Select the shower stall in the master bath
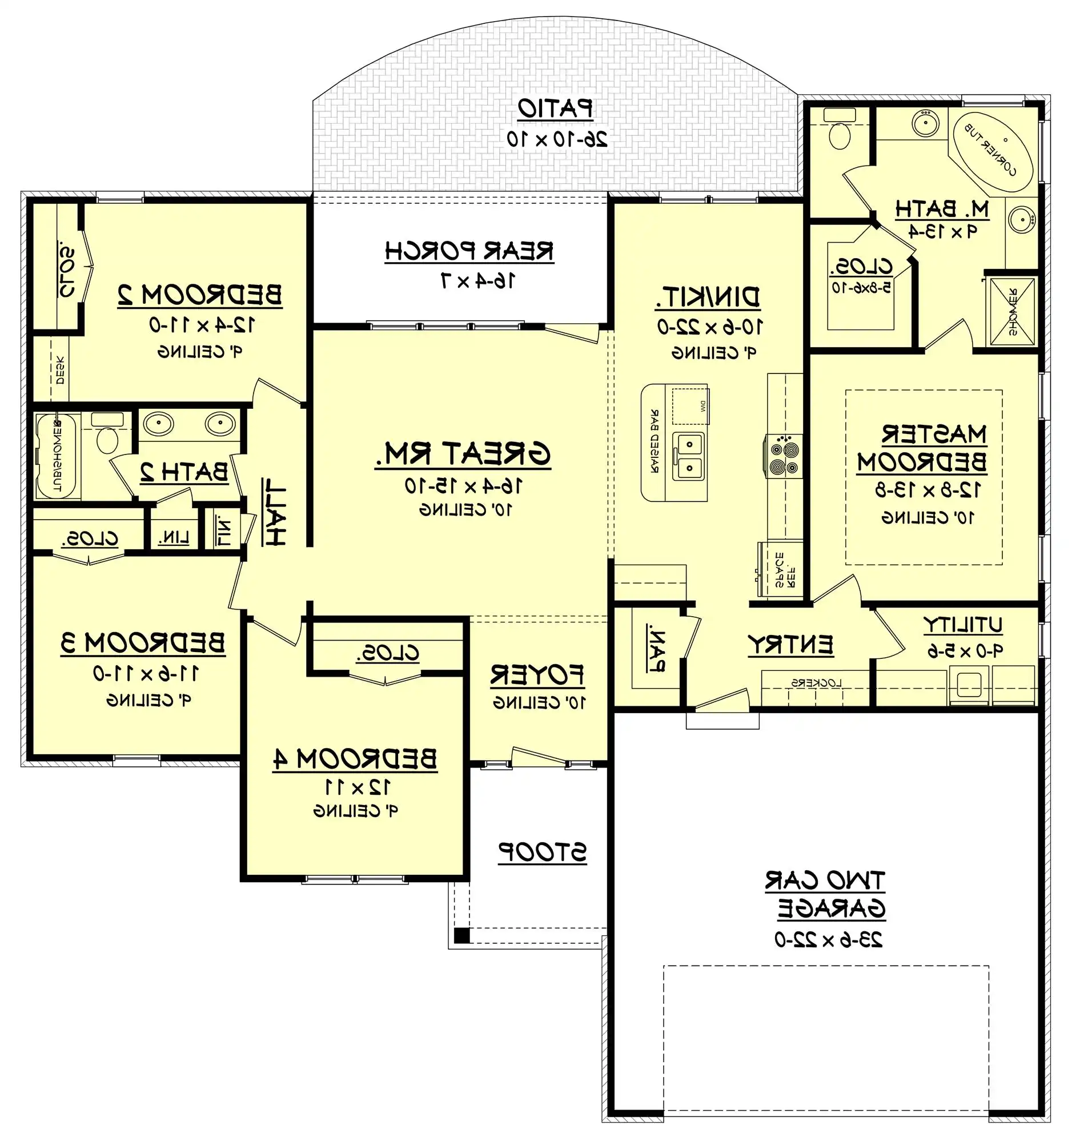click(1012, 311)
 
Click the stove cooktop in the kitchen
click(784, 456)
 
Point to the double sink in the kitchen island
click(690, 456)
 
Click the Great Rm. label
click(463, 454)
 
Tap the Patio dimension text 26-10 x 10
click(557, 139)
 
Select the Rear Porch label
click(469, 252)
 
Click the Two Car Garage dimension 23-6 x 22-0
click(829, 939)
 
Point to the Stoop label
click(543, 853)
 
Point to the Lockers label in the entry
click(816, 683)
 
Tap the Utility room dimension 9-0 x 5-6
click(965, 651)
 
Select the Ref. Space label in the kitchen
click(785, 569)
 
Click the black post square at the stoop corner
click(461, 935)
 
